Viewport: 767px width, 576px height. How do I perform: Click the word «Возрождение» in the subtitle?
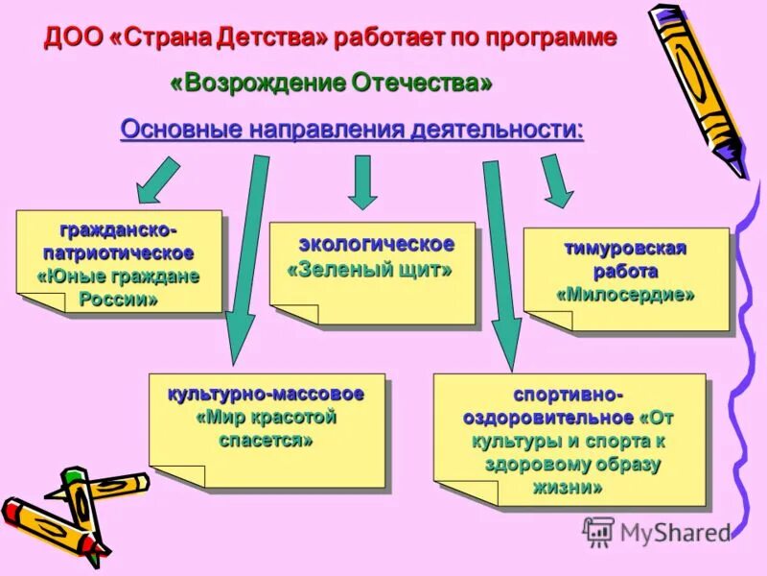245,84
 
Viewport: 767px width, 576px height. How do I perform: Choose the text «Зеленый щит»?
370,271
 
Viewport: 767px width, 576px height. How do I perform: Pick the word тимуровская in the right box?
625,249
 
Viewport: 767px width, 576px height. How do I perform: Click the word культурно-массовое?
266,394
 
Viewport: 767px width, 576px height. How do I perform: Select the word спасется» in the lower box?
266,441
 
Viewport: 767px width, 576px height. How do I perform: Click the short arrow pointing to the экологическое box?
362,182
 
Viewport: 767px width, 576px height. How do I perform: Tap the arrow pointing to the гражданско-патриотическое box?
158,180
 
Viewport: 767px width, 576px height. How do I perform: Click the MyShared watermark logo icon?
598,531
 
